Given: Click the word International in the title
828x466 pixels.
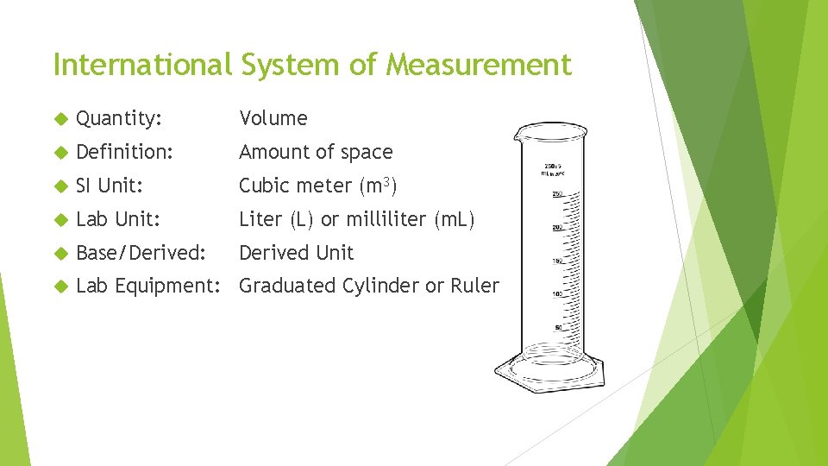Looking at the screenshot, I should pos(141,64).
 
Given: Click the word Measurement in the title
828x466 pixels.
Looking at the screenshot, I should pos(478,64).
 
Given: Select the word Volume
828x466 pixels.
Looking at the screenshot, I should pos(273,118).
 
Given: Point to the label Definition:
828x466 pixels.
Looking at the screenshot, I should pos(124,152).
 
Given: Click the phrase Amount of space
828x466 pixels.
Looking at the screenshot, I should pos(316,152).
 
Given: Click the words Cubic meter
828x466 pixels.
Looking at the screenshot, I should pos(295,186).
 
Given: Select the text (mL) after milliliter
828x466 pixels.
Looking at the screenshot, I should pos(455,219).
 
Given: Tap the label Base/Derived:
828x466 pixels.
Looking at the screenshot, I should pos(141,253).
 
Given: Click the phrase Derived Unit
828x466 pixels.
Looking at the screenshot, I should pos(296,253).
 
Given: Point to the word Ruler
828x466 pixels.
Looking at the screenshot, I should pos(474,286).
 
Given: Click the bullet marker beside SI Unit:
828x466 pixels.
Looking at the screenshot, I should pos(60,186).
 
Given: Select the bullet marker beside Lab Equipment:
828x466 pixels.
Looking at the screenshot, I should pos(60,286).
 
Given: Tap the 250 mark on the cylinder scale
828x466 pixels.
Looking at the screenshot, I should pos(557,193).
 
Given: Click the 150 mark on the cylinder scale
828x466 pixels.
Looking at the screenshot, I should pos(557,261).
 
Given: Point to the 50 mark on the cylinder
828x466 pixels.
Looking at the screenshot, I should pos(558,327).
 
